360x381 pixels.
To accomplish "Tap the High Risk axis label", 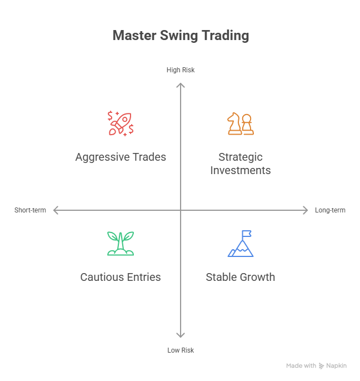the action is point(181,70).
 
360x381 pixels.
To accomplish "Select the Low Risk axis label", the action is point(181,350).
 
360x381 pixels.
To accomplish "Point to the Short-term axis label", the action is point(30,210).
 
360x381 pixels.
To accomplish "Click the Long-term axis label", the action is point(330,210).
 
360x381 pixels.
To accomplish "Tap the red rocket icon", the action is point(121,123).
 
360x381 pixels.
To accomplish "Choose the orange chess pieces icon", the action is point(241,123).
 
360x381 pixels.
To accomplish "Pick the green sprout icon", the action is point(121,244).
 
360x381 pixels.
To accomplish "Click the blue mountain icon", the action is point(241,244).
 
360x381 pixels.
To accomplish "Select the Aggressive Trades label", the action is point(121,157).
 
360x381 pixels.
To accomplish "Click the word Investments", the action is point(241,170).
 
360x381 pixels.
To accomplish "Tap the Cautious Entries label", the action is point(121,277).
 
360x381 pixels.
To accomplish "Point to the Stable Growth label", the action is point(241,277).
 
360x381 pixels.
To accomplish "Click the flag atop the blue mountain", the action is point(247,234).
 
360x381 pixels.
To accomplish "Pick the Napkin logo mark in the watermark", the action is point(321,365).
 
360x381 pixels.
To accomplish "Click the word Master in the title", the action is point(134,36).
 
